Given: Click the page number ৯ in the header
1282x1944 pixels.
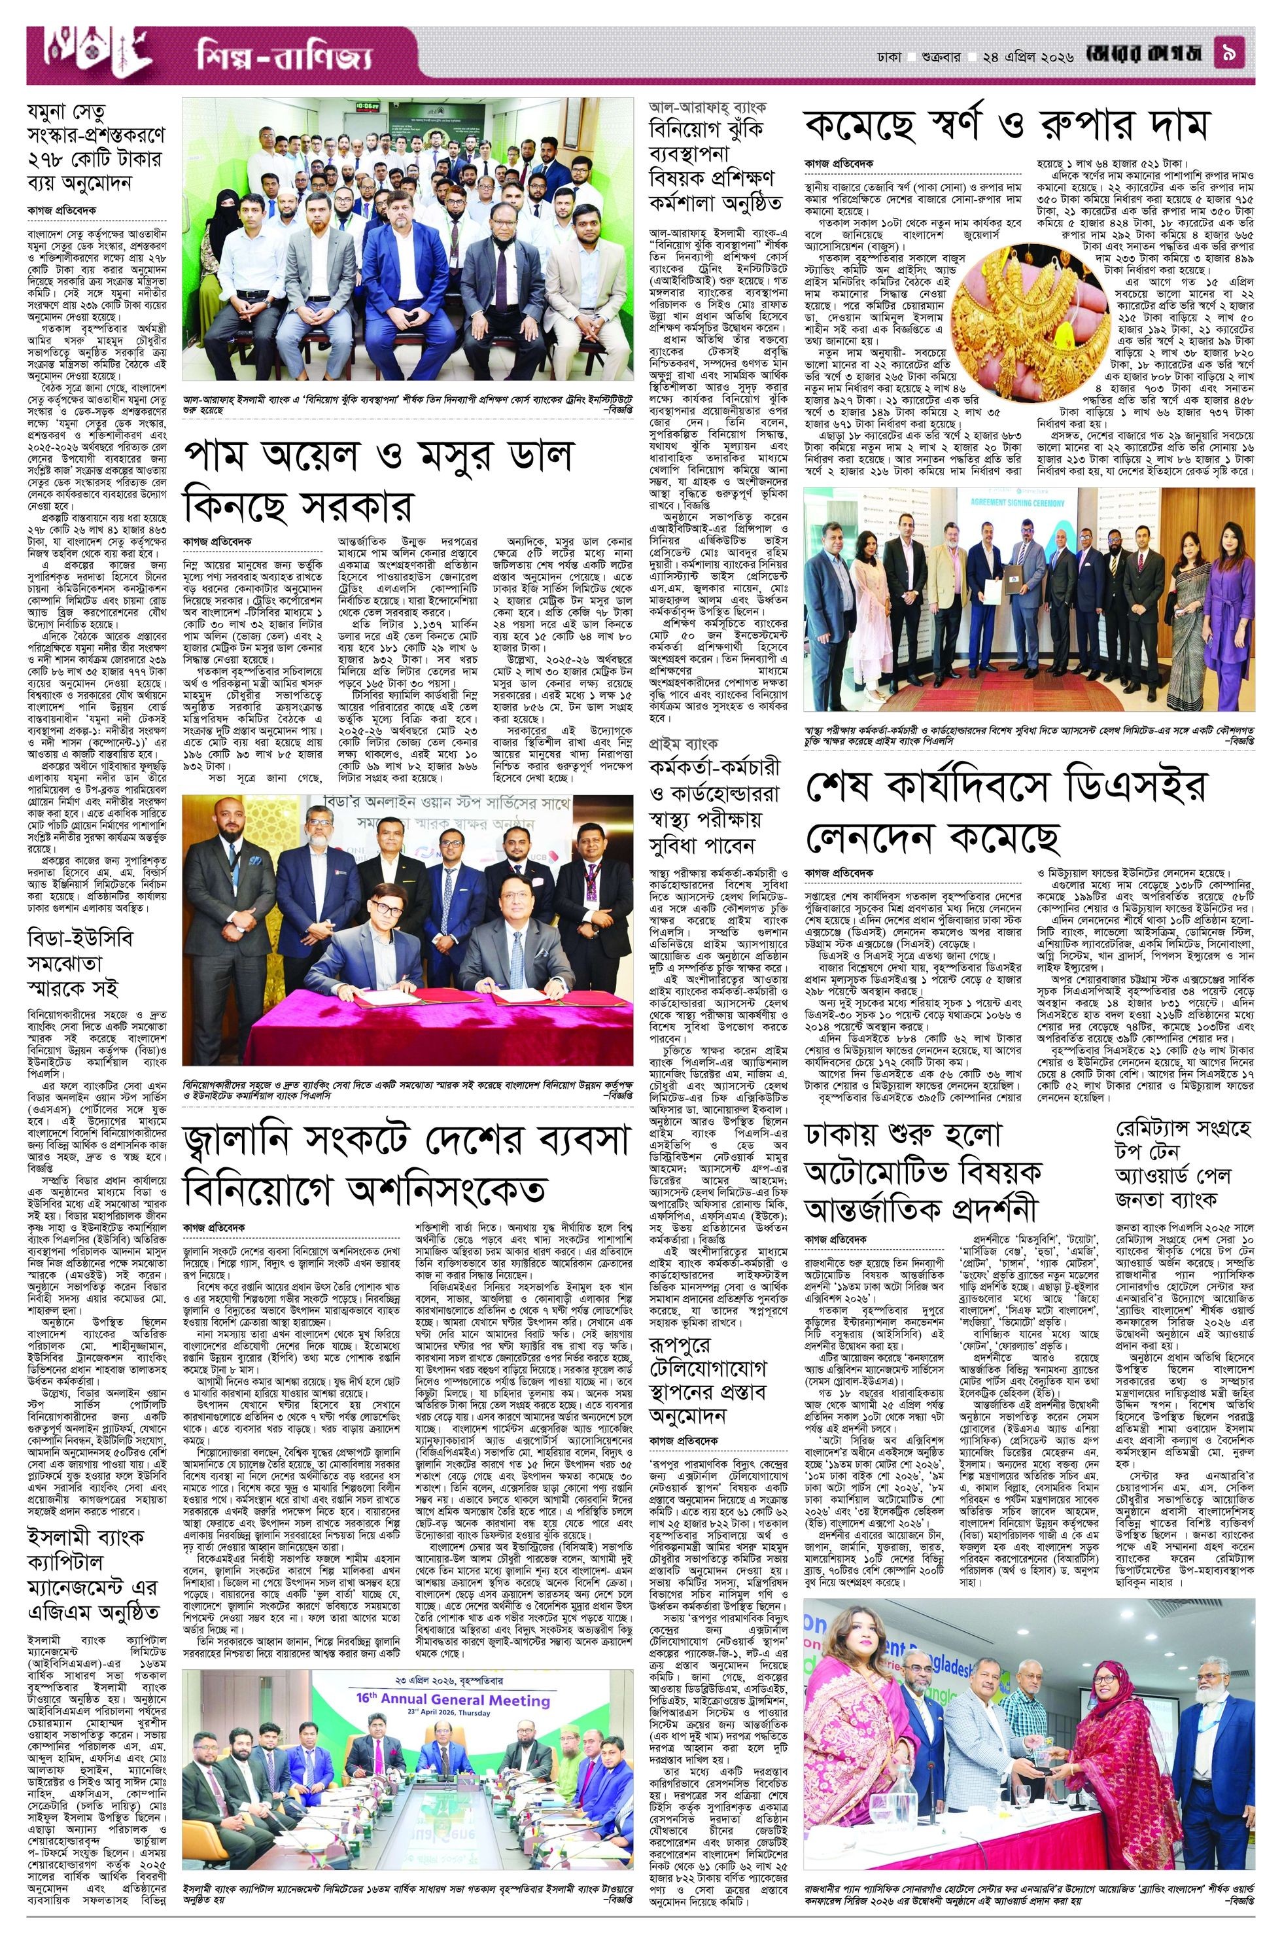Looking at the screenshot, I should pos(1237,55).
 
